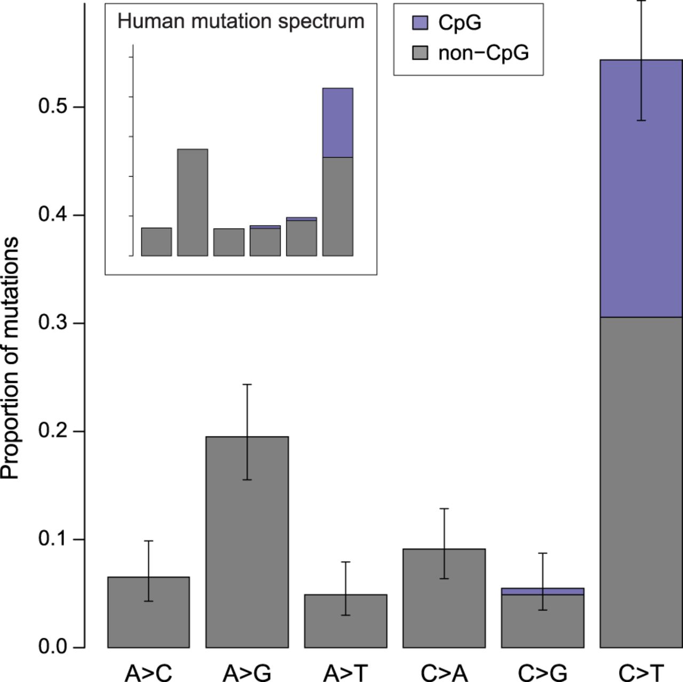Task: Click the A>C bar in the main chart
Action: [x=148, y=619]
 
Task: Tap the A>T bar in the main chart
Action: [x=346, y=624]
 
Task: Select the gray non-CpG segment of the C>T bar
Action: [x=641, y=480]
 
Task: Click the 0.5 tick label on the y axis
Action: [x=54, y=107]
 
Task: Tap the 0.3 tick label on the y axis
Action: [x=54, y=323]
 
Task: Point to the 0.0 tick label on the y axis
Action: [x=54, y=647]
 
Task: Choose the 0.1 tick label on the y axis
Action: [x=54, y=539]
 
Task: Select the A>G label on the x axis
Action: [x=247, y=673]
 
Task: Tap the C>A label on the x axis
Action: [x=444, y=673]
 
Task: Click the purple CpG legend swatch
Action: [x=420, y=22]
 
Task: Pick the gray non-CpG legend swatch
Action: [x=420, y=53]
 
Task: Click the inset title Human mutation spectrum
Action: [x=241, y=21]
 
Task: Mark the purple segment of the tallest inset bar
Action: [x=338, y=123]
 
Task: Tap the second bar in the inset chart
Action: [x=193, y=203]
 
